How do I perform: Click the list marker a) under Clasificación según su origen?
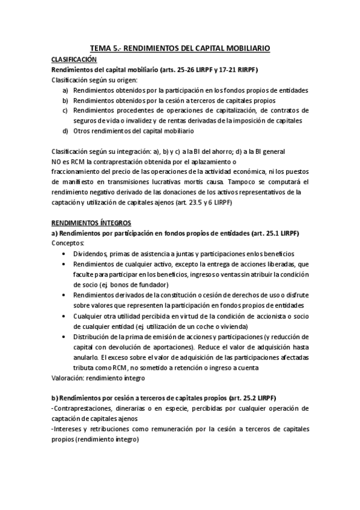pyautogui.click(x=65, y=90)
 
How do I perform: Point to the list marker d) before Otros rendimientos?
pyautogui.click(x=65, y=131)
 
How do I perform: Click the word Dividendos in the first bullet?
pyautogui.click(x=92, y=254)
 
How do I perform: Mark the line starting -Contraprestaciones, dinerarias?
pyautogui.click(x=180, y=408)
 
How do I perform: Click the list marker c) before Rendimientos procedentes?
pyautogui.click(x=65, y=111)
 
